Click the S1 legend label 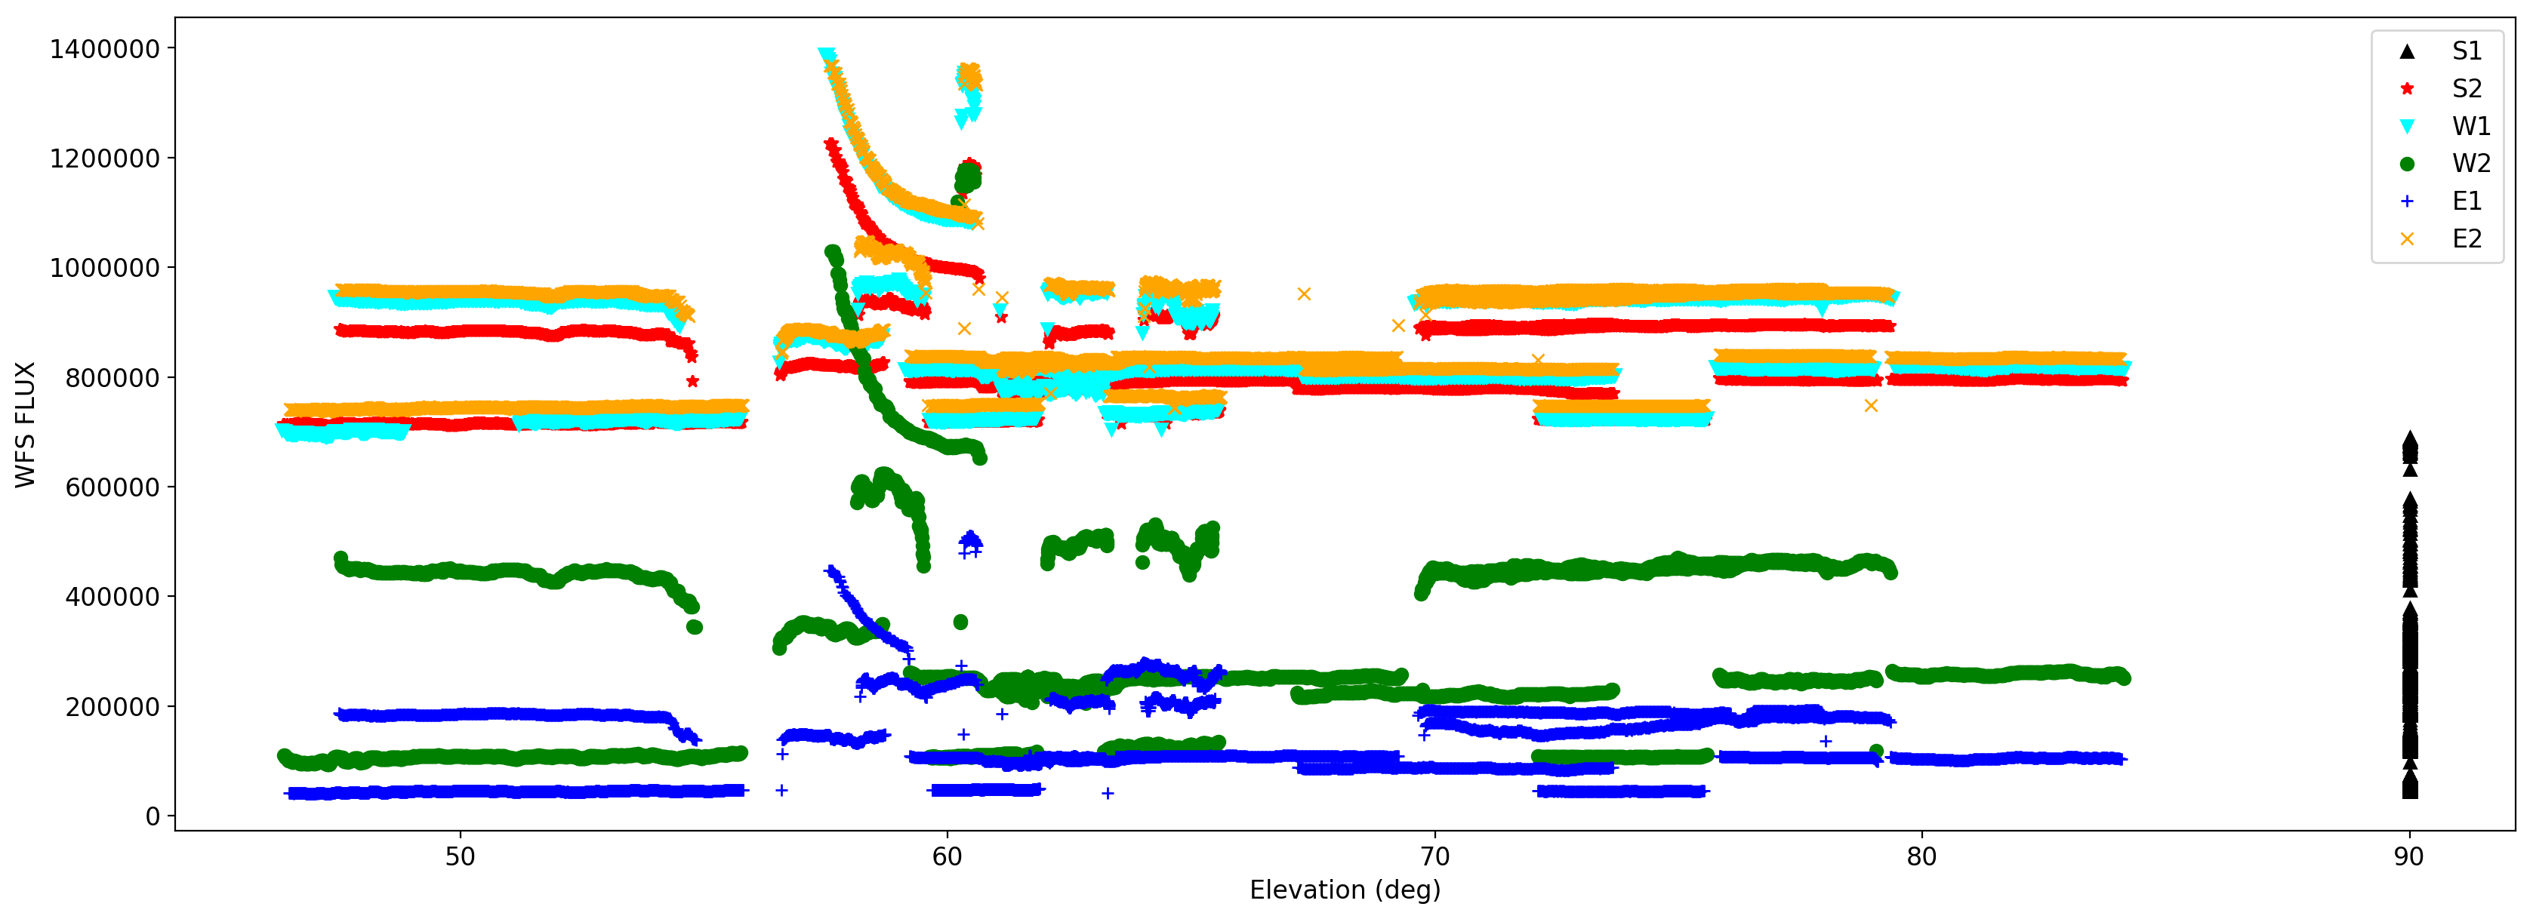coord(2466,51)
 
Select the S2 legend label coord(2466,88)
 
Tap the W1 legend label coord(2470,126)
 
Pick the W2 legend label coord(2470,163)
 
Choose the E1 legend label coord(2466,201)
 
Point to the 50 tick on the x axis coord(461,856)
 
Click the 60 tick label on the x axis coord(947,856)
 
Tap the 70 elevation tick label coord(1434,856)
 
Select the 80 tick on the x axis coord(1921,856)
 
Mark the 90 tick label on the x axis coord(2409,856)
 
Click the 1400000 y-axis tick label coord(104,48)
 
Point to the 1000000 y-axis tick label coord(104,267)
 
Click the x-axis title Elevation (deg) coord(1344,890)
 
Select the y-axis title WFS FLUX coord(26,425)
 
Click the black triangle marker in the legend coord(2407,51)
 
